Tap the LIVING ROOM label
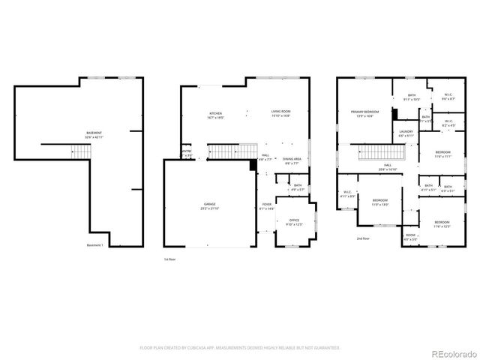[280, 114]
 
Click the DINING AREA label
[292, 160]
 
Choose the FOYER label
[267, 206]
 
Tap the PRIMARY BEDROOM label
[364, 114]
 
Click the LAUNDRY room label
[406, 133]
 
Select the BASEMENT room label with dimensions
[93, 135]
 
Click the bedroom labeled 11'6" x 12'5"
[441, 223]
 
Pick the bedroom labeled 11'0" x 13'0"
[380, 202]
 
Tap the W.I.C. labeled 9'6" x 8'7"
[448, 97]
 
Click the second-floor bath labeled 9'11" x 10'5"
[412, 97]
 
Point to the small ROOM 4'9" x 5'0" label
[411, 237]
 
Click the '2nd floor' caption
[363, 238]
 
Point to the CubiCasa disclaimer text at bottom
[240, 348]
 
